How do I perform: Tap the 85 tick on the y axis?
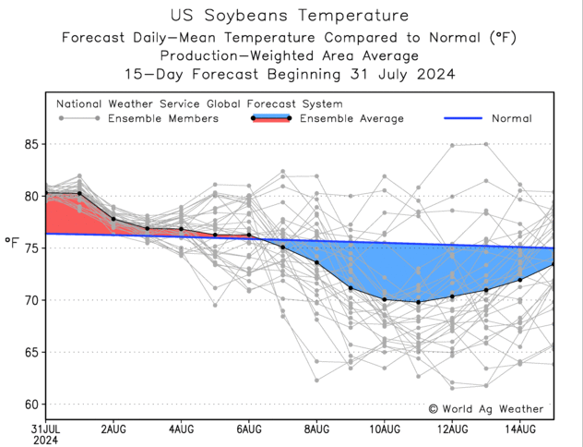click(32, 144)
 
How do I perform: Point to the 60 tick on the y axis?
click(32, 405)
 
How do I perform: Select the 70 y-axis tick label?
click(32, 300)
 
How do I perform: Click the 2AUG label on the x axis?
click(113, 428)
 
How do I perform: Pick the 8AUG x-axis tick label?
click(316, 428)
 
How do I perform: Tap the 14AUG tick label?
click(520, 428)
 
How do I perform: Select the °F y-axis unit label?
click(13, 243)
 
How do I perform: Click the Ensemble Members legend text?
click(163, 118)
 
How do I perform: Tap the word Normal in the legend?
click(511, 118)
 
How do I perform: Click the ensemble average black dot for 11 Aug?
click(419, 302)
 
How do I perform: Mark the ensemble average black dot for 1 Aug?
click(79, 193)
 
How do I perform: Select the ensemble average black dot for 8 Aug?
click(316, 262)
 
